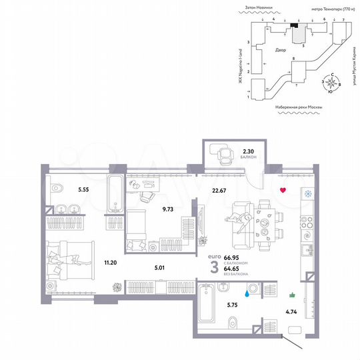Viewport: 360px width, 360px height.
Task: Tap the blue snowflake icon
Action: tap(308, 194)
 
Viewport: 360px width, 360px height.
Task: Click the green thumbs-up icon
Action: tap(291, 295)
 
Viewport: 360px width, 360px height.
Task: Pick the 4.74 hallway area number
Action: tap(291, 309)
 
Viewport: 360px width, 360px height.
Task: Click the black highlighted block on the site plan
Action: tap(295, 25)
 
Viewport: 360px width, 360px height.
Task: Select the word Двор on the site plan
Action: tap(280, 50)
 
